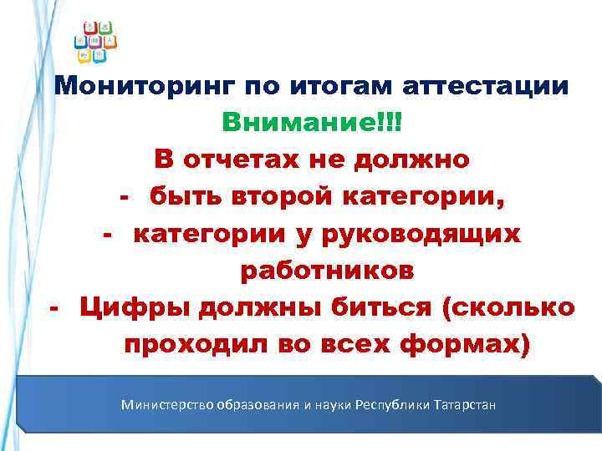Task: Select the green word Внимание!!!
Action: (312, 123)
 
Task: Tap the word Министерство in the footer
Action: (166, 405)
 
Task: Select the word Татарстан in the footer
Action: (465, 405)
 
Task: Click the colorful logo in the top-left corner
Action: (96, 41)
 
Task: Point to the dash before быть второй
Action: (125, 197)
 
